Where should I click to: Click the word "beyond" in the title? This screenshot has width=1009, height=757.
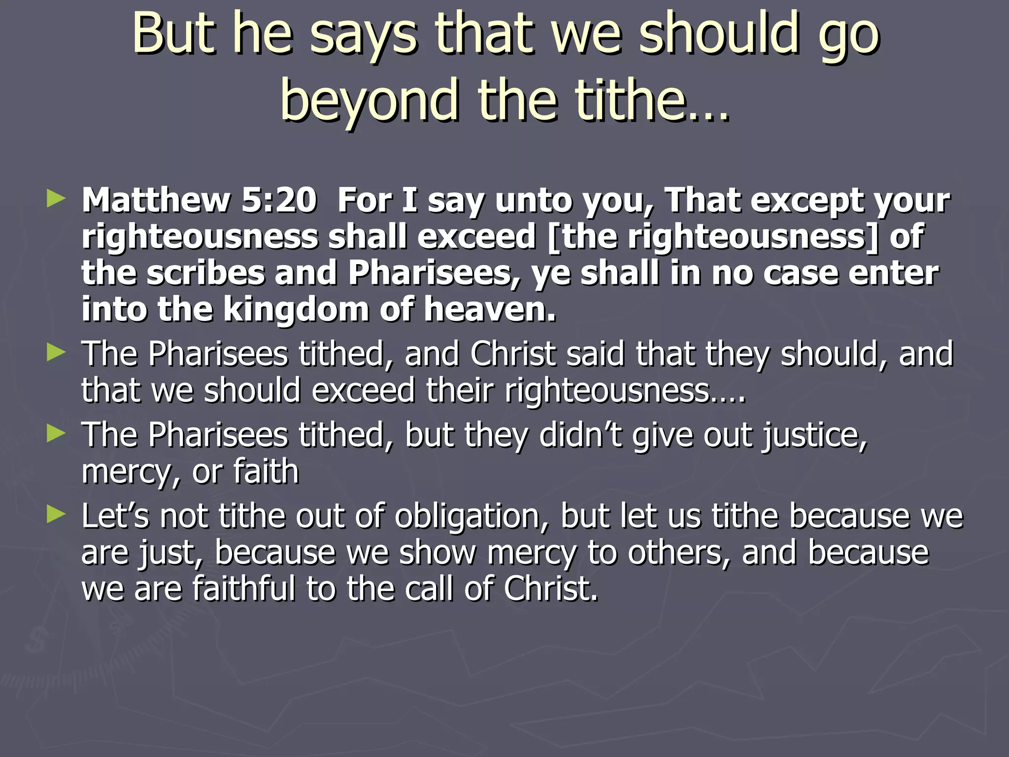tap(370, 101)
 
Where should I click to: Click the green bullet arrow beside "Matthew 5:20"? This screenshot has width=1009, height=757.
tap(56, 199)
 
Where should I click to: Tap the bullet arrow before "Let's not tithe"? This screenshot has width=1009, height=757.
tap(56, 515)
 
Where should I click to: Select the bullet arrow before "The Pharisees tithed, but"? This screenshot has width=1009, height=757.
tap(56, 434)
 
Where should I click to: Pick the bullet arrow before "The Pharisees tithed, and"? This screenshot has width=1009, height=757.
tap(56, 353)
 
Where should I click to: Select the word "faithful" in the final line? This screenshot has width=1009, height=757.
tap(244, 588)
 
